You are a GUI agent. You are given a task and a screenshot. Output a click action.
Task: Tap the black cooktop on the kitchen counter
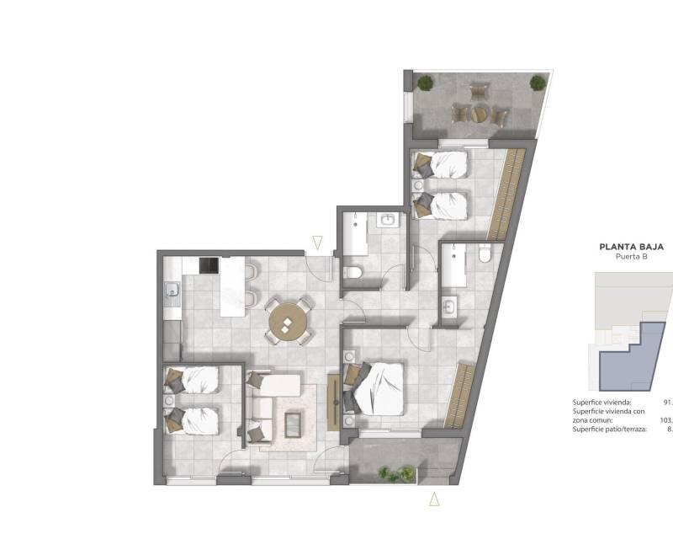tap(209, 266)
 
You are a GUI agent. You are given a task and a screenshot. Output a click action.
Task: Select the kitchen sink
tap(172, 291)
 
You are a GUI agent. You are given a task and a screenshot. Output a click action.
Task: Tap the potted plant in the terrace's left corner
tap(426, 83)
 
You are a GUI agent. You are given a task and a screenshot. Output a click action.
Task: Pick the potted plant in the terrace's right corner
tap(538, 83)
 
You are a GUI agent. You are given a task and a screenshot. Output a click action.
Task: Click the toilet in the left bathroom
tap(355, 272)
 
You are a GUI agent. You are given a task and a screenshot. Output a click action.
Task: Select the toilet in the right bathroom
tap(484, 253)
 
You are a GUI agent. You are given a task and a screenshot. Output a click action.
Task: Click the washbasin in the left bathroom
tap(388, 221)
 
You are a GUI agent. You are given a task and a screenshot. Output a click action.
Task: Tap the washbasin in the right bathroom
tap(449, 305)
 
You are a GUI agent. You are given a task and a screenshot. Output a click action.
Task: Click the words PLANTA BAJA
tap(631, 248)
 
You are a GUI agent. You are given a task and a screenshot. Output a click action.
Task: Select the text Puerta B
tap(631, 259)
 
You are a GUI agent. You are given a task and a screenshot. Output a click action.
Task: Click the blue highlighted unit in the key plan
tap(627, 358)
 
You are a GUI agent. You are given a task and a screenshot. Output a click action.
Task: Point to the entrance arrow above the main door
tap(317, 243)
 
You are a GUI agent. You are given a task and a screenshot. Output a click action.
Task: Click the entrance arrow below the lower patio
tap(434, 499)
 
